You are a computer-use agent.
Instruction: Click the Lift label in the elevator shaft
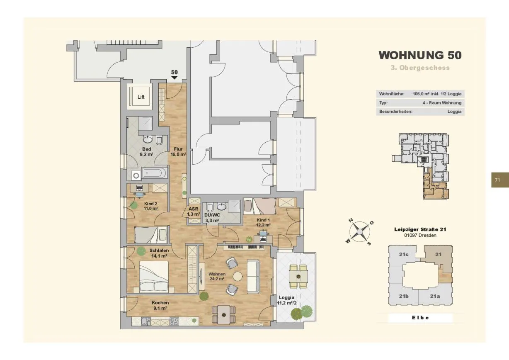[x=141, y=97]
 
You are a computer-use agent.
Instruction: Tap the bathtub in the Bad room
[x=155, y=173]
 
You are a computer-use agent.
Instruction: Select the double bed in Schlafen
[x=154, y=277]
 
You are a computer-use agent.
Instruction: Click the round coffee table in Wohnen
[x=238, y=276]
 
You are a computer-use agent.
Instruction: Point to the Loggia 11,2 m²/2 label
[x=286, y=300]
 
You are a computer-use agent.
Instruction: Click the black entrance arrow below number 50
[x=174, y=78]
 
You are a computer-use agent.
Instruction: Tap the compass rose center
[x=360, y=232]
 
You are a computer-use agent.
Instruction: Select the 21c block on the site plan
[x=404, y=255]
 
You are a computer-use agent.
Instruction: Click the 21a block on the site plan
[x=435, y=296]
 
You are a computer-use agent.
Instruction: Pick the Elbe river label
[x=420, y=318]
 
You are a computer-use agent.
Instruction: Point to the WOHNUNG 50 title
[x=420, y=55]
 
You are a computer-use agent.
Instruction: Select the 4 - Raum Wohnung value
[x=442, y=103]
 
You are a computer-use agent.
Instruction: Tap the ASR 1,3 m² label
[x=194, y=211]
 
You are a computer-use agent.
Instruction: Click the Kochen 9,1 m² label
[x=160, y=305]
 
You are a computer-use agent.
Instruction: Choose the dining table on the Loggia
[x=298, y=276]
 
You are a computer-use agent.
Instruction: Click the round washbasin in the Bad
[x=148, y=139]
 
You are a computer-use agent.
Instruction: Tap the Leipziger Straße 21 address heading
[x=420, y=229]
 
